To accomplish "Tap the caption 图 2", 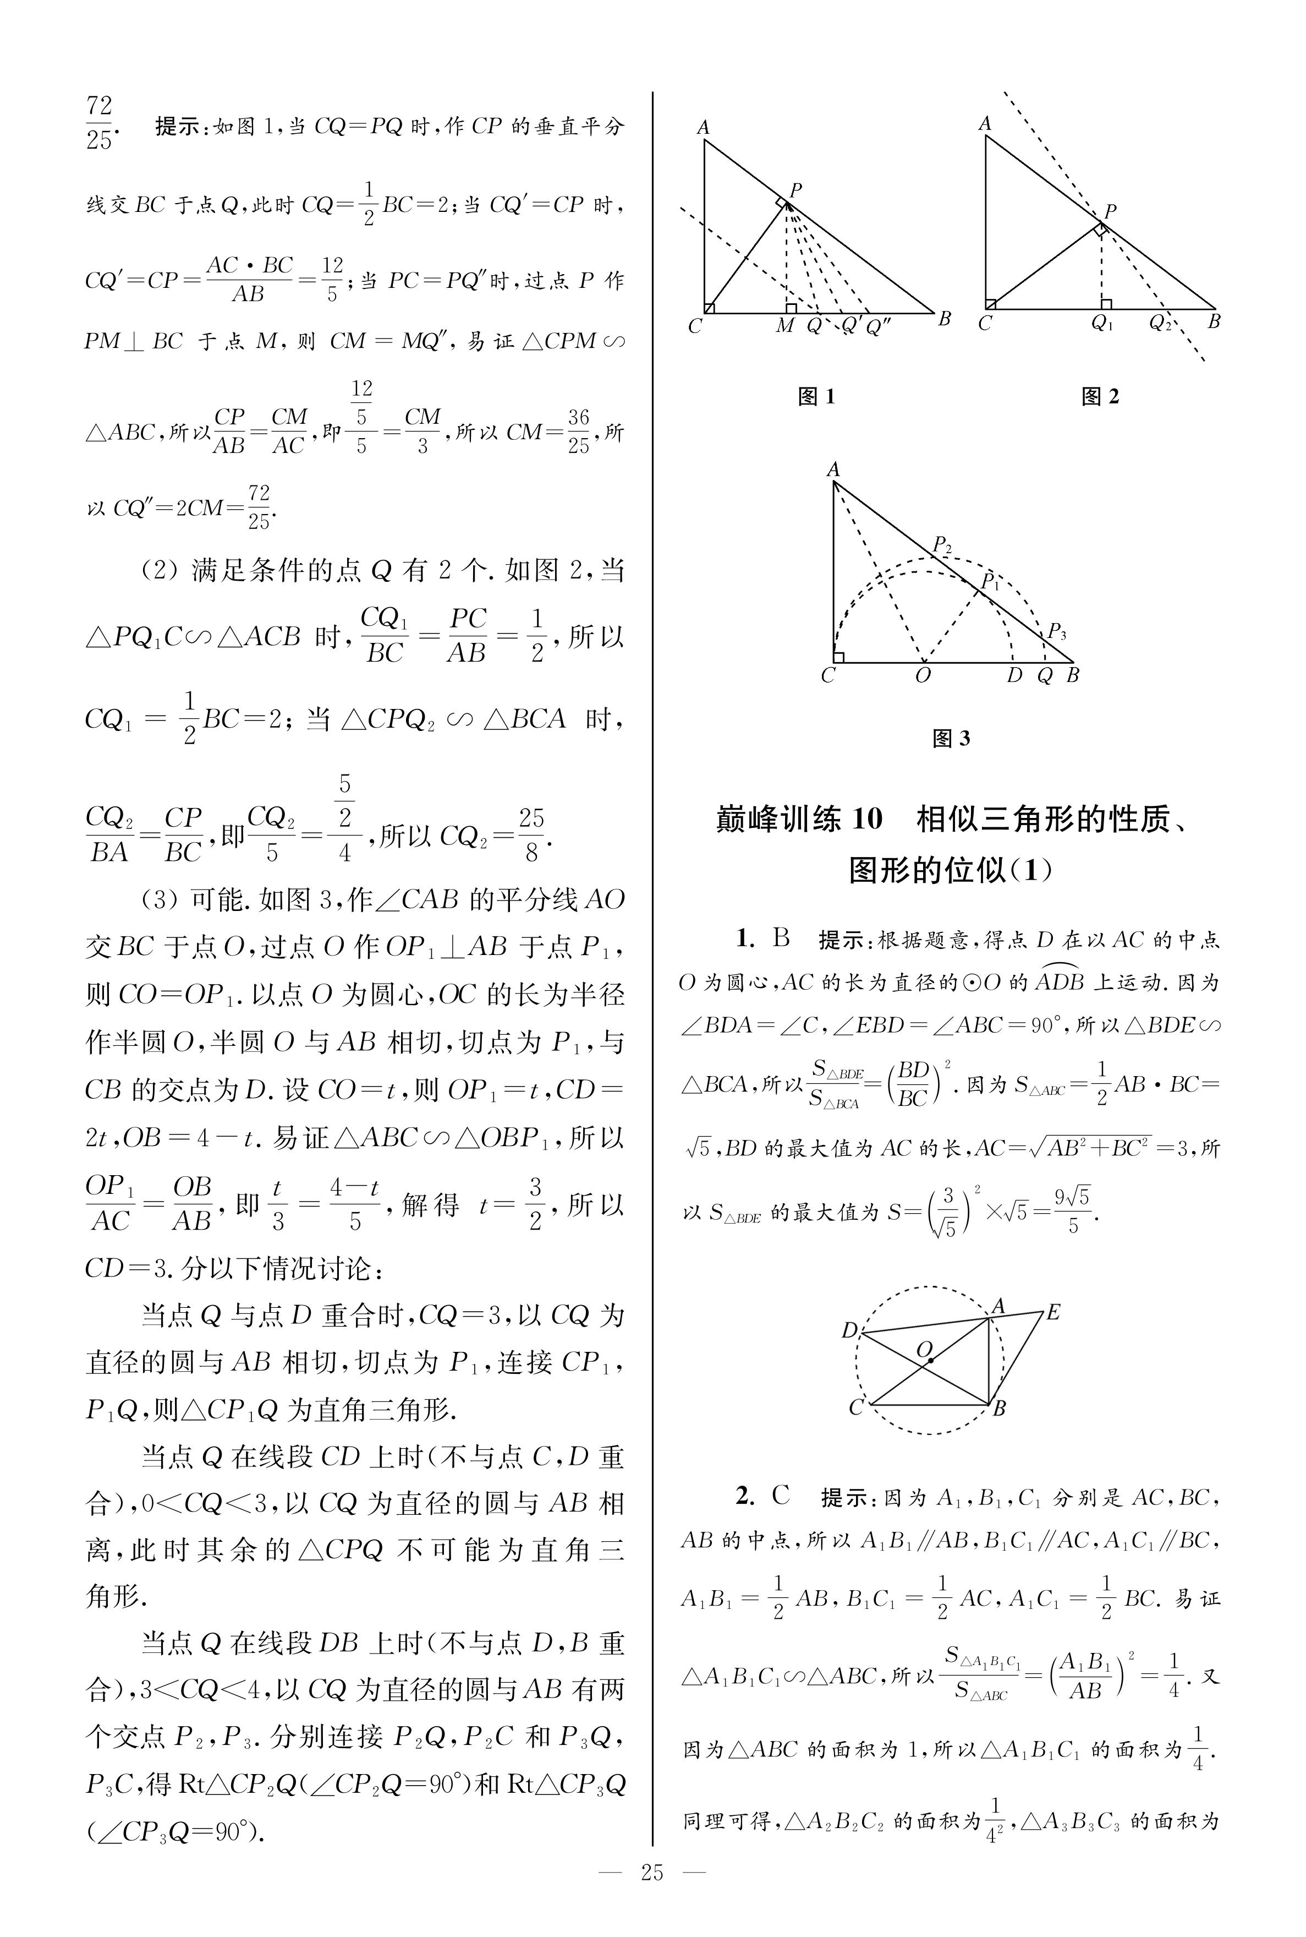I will (x=1100, y=396).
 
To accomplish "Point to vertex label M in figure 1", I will (x=784, y=326).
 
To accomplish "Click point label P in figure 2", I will (x=1110, y=211).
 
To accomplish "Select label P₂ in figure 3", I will (x=942, y=545).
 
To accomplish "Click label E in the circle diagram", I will (x=1053, y=1313).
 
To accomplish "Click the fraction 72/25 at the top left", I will (x=98, y=122).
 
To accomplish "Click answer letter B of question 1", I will (x=781, y=939).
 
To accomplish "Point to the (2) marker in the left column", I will (x=158, y=571).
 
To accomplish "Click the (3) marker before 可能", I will (x=158, y=901).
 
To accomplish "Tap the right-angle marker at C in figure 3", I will (x=839, y=657).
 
